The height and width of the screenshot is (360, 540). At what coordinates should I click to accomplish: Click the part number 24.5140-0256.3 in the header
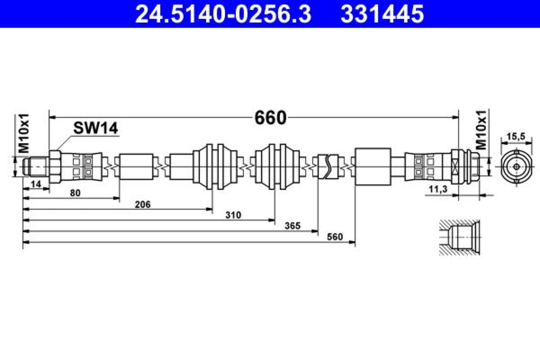(x=223, y=14)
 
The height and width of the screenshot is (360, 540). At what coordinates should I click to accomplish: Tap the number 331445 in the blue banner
(x=382, y=14)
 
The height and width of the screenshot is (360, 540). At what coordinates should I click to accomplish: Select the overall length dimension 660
(x=271, y=118)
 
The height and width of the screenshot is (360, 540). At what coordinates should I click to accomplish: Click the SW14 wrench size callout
(x=96, y=128)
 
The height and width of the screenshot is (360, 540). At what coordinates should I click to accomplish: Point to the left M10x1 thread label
(x=24, y=133)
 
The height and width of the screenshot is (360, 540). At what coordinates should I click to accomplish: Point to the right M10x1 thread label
(x=481, y=130)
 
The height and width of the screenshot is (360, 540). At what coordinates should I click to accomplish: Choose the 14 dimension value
(x=36, y=184)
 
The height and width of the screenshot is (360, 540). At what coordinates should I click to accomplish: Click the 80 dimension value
(x=75, y=193)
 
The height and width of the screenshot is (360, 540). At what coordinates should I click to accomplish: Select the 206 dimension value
(x=143, y=205)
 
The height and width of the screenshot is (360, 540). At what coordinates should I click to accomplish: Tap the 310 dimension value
(x=233, y=215)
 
